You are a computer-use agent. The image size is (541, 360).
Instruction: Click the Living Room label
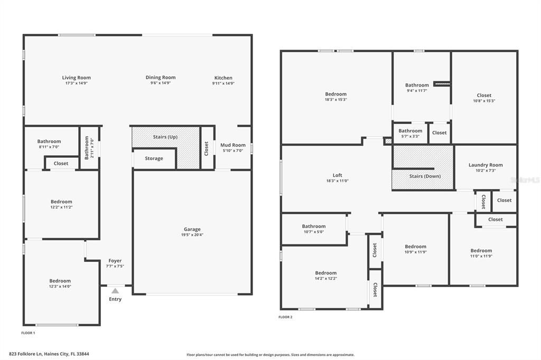click(x=77, y=78)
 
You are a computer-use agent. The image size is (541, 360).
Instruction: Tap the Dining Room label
click(x=161, y=78)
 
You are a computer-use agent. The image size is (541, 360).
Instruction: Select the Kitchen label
click(x=223, y=78)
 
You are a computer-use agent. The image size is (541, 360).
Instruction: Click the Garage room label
click(x=192, y=229)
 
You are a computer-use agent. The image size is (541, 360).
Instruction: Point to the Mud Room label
click(x=233, y=145)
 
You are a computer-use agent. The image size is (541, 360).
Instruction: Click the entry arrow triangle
click(x=115, y=290)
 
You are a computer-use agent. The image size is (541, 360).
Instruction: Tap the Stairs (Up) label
click(x=165, y=137)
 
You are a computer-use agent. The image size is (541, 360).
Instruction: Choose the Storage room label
click(x=154, y=158)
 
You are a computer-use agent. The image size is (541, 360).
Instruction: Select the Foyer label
click(x=115, y=260)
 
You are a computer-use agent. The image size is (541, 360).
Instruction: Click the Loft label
click(x=338, y=175)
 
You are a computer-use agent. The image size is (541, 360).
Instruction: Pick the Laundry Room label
click(x=486, y=165)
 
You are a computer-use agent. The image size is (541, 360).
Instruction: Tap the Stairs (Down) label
click(x=425, y=176)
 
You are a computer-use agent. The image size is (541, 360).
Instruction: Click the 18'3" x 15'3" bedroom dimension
click(x=336, y=100)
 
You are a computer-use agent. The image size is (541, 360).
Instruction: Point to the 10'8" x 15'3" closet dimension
click(x=484, y=101)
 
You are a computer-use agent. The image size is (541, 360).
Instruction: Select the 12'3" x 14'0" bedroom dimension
click(x=60, y=287)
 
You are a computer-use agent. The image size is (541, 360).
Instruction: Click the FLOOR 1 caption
click(x=28, y=333)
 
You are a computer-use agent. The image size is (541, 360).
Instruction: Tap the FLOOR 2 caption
click(x=285, y=317)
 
